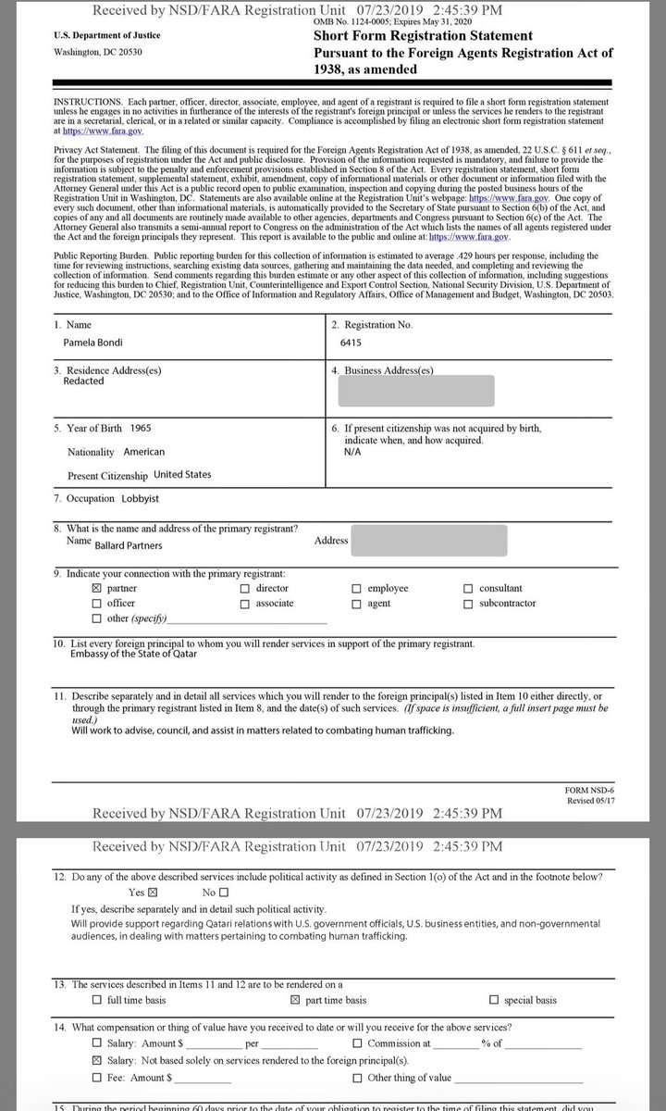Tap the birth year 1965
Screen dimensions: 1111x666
[x=142, y=429]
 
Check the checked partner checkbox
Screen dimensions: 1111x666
[x=97, y=588]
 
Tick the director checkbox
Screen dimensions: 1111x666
[x=244, y=588]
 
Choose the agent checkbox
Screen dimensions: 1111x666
[x=357, y=604]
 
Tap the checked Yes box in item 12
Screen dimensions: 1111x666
[x=154, y=893]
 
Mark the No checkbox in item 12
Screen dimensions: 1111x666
[x=223, y=893]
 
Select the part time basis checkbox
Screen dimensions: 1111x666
[x=296, y=1001]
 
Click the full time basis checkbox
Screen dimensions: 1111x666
[x=97, y=1001]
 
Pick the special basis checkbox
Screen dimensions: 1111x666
[x=495, y=1001]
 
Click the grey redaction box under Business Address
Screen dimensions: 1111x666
[x=416, y=390]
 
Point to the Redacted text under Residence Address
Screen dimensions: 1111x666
[x=83, y=381]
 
